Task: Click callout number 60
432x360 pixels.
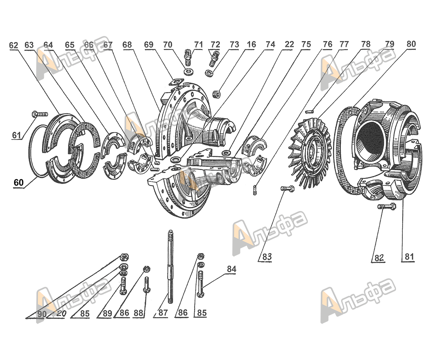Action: tap(19, 183)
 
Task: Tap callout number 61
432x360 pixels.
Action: tap(17, 135)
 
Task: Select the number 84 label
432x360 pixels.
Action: tap(231, 269)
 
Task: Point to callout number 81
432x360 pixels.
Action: tap(409, 257)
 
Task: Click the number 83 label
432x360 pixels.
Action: tap(267, 257)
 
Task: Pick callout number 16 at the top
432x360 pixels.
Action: tap(251, 45)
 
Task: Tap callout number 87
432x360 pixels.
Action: tap(163, 312)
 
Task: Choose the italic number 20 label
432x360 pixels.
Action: tap(61, 314)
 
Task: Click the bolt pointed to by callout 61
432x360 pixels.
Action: tap(40, 114)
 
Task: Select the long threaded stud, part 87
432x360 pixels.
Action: tap(170, 267)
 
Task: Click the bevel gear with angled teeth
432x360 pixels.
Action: tap(310, 153)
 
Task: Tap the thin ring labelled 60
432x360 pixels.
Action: tap(30, 151)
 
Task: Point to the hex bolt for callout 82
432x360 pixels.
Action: tap(387, 207)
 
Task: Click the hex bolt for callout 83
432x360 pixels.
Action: tap(287, 189)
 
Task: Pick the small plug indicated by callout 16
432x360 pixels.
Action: tap(216, 94)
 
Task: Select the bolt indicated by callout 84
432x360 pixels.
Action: tap(201, 284)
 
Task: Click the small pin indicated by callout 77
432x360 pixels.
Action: tap(310, 112)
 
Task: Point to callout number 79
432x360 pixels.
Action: tap(390, 44)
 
